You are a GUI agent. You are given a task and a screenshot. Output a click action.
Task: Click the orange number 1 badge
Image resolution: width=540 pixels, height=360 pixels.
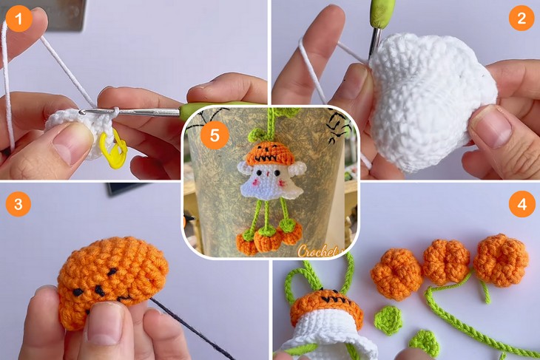pyautogui.click(x=18, y=18)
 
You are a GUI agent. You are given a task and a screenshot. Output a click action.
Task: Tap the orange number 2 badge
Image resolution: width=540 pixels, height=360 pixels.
pyautogui.click(x=522, y=18)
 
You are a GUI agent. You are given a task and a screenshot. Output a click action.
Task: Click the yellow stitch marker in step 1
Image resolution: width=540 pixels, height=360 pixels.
pyautogui.click(x=113, y=146)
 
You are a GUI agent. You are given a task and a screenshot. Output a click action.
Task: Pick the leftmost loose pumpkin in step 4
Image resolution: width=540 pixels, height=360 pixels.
pyautogui.click(x=396, y=274)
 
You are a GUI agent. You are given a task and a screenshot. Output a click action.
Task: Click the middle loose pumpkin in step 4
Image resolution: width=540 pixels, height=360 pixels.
pyautogui.click(x=445, y=261)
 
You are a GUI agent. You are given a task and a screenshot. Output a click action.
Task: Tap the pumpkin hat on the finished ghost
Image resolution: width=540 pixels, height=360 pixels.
pyautogui.click(x=269, y=154)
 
